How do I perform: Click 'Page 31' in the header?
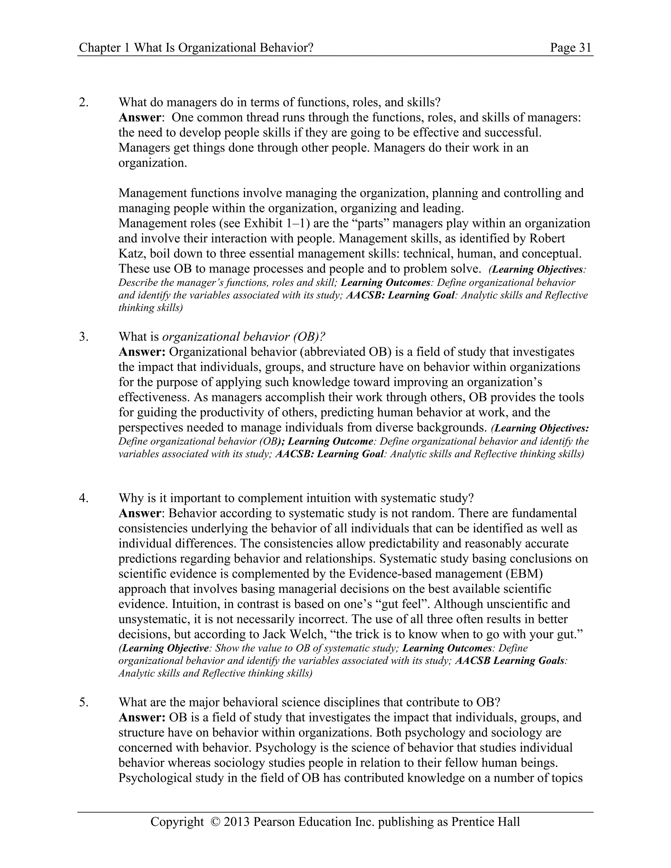[570, 48]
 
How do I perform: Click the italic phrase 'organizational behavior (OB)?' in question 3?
[244, 337]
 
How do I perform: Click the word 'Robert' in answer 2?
[548, 238]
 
